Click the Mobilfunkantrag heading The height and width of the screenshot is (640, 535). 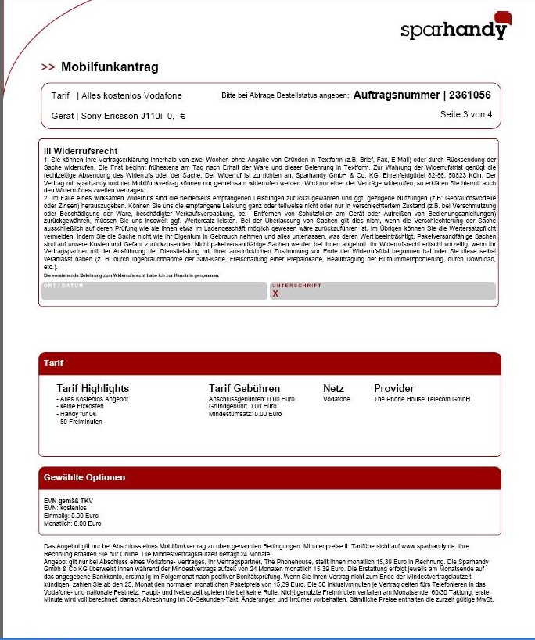pos(110,67)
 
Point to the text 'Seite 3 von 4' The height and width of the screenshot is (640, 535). pos(466,114)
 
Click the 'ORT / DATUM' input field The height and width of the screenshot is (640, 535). pos(153,292)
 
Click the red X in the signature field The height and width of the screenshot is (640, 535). pos(275,294)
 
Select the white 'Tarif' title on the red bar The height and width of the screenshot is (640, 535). pos(54,364)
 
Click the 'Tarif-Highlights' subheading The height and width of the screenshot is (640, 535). pos(92,388)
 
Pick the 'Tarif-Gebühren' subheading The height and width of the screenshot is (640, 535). pos(244,388)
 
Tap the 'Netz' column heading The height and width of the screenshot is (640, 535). pos(333,388)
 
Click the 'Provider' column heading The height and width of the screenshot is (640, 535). pos(394,388)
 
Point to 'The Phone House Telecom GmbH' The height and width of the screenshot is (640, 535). pos(422,399)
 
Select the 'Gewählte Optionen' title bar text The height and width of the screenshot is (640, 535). pos(84,477)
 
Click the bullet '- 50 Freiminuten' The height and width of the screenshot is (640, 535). pos(79,422)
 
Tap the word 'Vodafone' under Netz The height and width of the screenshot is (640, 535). pos(336,399)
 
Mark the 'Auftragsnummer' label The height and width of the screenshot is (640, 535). pos(397,95)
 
